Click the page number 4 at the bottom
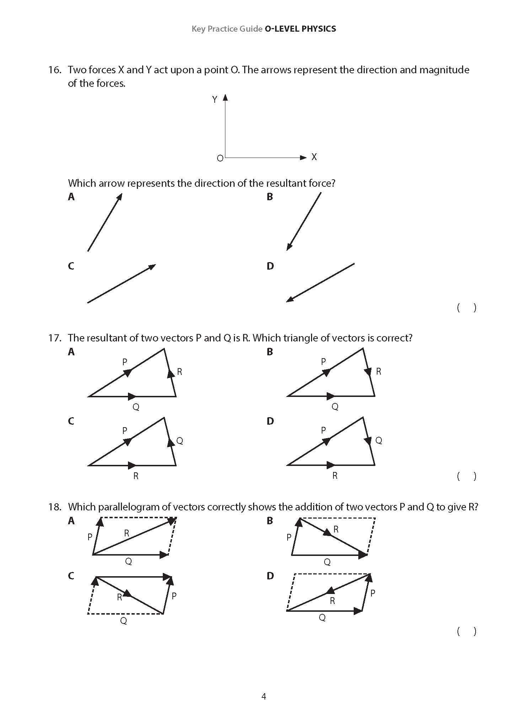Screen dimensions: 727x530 263,696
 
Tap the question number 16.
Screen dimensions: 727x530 55,70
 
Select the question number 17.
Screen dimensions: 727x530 55,338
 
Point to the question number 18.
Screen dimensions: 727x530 55,507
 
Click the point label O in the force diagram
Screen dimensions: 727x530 220,158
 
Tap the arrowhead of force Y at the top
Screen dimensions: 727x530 225,97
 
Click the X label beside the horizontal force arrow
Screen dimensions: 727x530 314,157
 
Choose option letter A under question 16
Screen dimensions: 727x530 71,197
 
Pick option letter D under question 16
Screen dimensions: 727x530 270,266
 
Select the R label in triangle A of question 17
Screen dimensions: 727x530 180,372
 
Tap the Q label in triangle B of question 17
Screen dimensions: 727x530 335,407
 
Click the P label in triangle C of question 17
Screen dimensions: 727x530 124,431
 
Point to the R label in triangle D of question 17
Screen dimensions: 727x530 335,476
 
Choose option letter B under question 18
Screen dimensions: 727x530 270,521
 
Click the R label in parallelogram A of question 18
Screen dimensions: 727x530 127,533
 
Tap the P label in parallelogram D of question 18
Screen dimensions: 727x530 373,593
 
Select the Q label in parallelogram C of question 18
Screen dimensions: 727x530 123,621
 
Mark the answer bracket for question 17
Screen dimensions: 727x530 466,476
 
